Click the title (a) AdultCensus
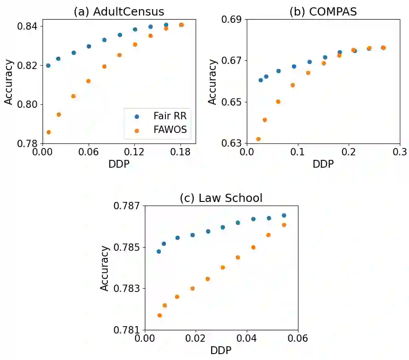(119, 12)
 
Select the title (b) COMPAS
(323, 12)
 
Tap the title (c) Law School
(221, 198)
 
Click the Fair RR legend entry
(170, 116)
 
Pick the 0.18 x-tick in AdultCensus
(181, 151)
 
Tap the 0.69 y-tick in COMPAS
(233, 20)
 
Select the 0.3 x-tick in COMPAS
(399, 151)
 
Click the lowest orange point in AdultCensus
(48, 132)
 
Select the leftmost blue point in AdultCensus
(48, 65)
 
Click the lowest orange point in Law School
(159, 315)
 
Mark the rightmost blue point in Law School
(284, 215)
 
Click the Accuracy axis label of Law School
(105, 268)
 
